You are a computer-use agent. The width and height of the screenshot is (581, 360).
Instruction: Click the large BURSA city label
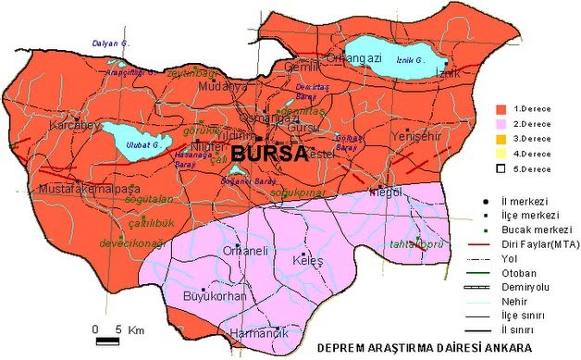tap(268, 154)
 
